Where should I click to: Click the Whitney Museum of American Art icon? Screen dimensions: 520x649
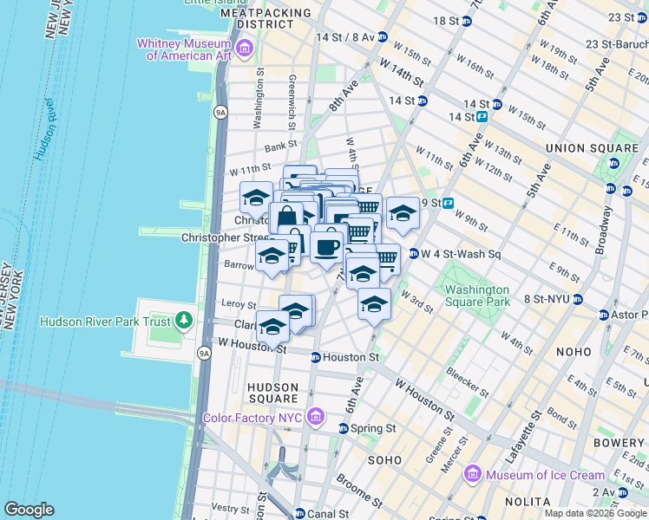click(x=244, y=46)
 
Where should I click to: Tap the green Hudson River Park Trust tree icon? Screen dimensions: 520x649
click(x=183, y=322)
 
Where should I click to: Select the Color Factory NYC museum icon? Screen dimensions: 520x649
click(x=314, y=418)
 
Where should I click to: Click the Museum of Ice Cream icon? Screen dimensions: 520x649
click(x=473, y=474)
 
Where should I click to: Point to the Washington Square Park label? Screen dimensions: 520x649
click(x=476, y=296)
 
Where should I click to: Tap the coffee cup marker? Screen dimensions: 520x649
click(x=327, y=247)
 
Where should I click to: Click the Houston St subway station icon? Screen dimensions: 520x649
click(x=316, y=357)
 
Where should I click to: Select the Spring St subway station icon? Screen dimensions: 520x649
click(x=344, y=428)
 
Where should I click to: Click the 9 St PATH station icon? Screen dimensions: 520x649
click(x=449, y=204)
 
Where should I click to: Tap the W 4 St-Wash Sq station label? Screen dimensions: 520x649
click(x=461, y=254)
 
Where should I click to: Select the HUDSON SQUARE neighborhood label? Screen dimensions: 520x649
click(x=272, y=393)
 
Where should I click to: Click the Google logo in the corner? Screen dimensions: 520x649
click(x=29, y=510)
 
